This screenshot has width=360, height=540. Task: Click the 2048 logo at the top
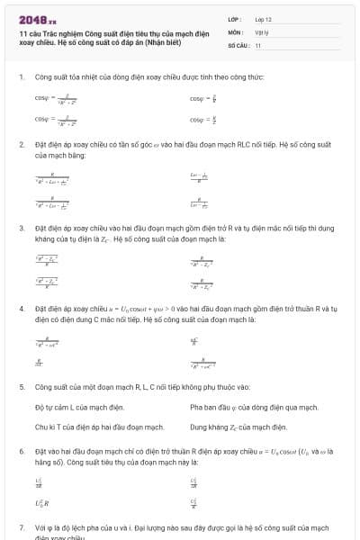37,17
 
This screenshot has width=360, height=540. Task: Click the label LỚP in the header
235,18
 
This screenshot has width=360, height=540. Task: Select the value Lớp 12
264,18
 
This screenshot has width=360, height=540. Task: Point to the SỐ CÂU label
238,44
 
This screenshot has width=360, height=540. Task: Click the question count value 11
258,44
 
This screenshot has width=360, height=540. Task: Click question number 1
22,76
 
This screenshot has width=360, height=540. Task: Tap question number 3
22,229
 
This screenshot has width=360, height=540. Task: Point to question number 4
22,308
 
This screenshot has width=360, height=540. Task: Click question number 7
22,526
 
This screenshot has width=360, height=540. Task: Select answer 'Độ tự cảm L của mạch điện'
79,407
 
